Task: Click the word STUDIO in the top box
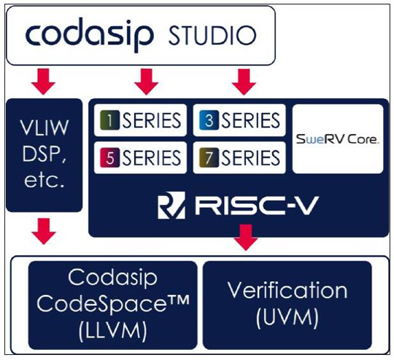pos(212,36)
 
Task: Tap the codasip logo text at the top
pos(90,34)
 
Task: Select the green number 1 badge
pos(109,120)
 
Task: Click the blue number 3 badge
pos(209,120)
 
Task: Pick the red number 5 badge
pos(109,157)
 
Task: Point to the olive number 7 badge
pos(209,157)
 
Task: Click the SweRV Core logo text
pos(338,139)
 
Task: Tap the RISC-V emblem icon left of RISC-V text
pos(171,205)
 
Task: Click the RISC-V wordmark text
pos(257,206)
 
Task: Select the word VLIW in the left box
pos(45,128)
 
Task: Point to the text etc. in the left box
pos(45,180)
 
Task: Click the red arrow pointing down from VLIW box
pos(44,231)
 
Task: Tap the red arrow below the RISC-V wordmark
pos(246,238)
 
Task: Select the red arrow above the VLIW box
pos(44,82)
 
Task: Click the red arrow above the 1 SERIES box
pos(146,82)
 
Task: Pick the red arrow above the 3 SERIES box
pos(244,82)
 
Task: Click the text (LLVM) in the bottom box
pos(112,331)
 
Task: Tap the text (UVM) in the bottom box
pos(287,318)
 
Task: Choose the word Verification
pos(287,291)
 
